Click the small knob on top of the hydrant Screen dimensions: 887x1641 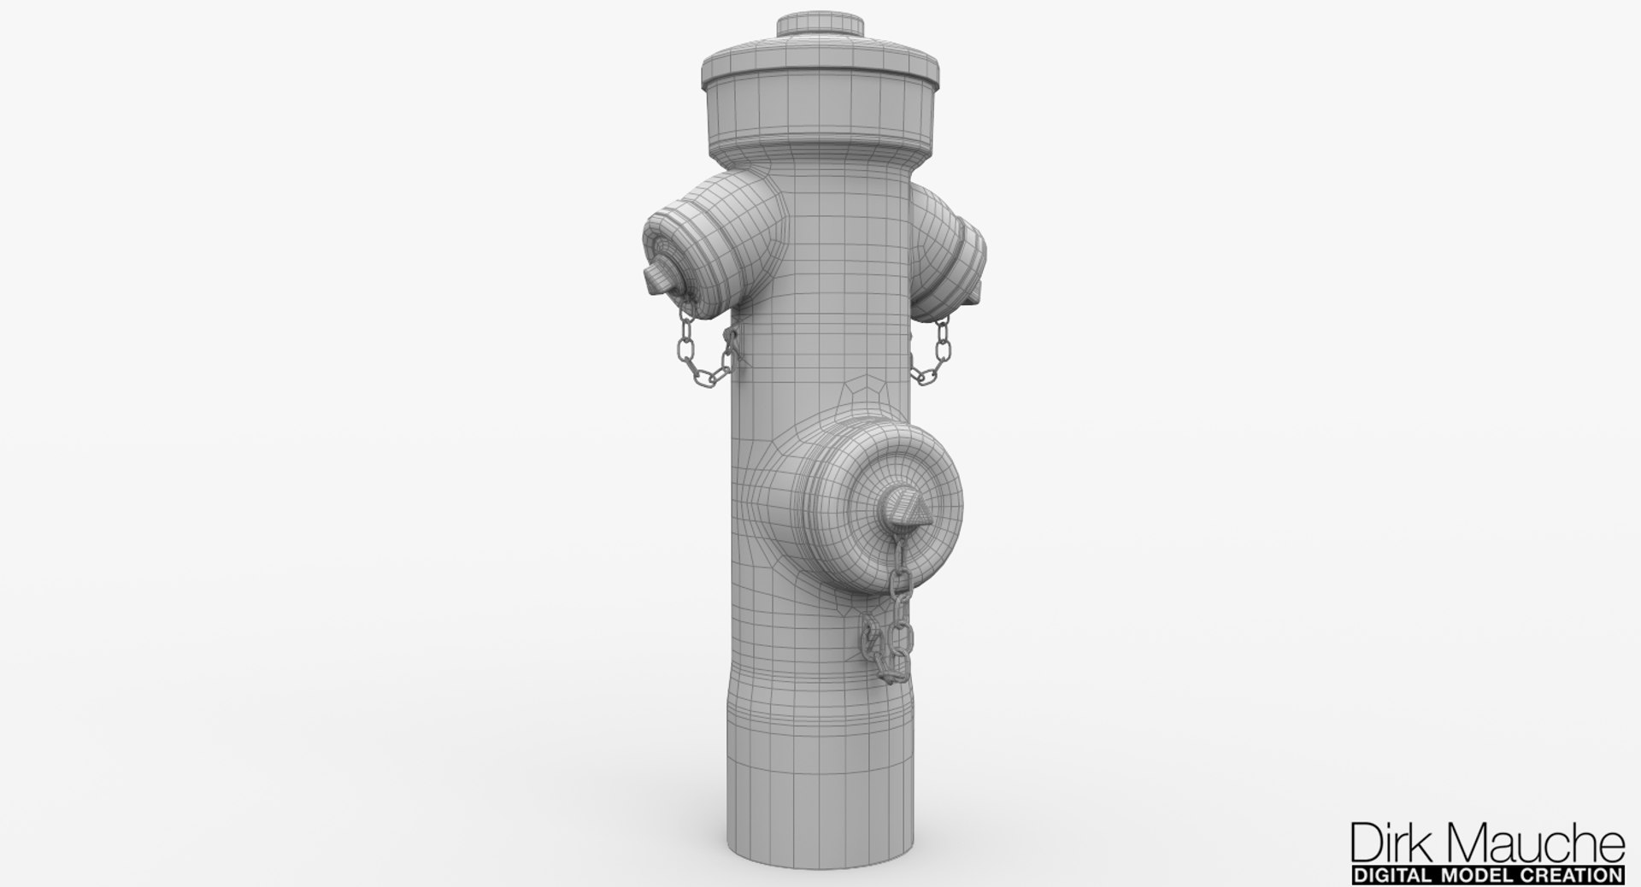(x=820, y=26)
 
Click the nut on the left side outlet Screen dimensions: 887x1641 (x=656, y=278)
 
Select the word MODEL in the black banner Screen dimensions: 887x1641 (x=1487, y=875)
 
